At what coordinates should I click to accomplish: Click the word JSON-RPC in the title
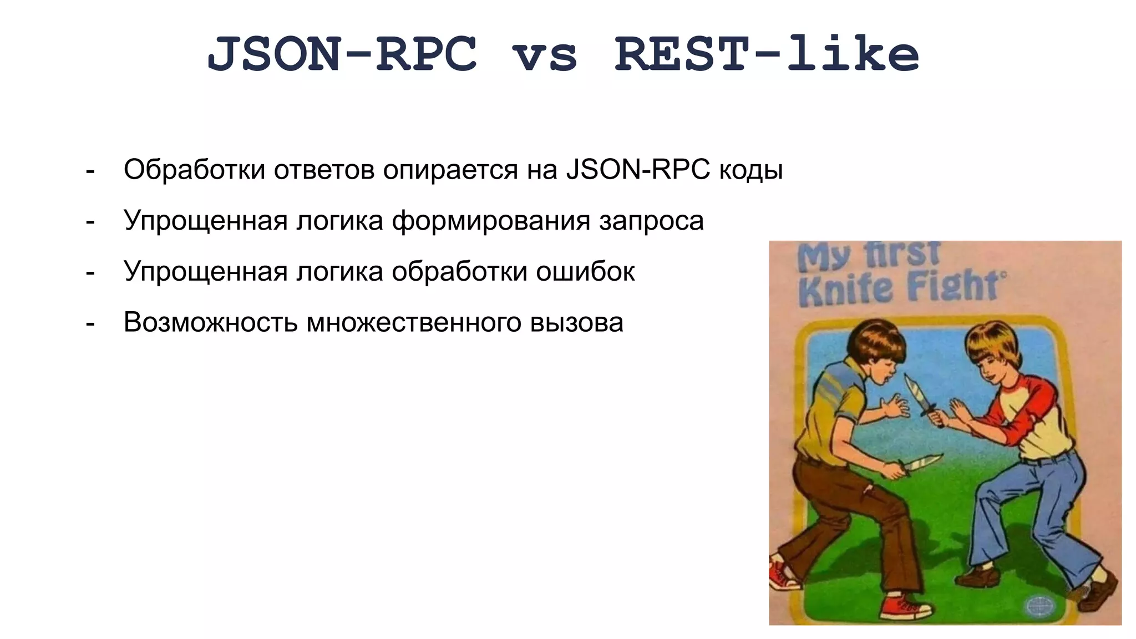[x=342, y=54]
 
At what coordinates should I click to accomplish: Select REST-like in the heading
[x=767, y=54]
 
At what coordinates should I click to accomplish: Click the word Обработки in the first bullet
[x=194, y=170]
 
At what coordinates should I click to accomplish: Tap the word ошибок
[x=585, y=272]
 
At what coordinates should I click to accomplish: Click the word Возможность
[x=210, y=323]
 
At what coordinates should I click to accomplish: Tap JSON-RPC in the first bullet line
[x=638, y=170]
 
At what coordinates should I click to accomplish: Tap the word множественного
[x=414, y=323]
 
